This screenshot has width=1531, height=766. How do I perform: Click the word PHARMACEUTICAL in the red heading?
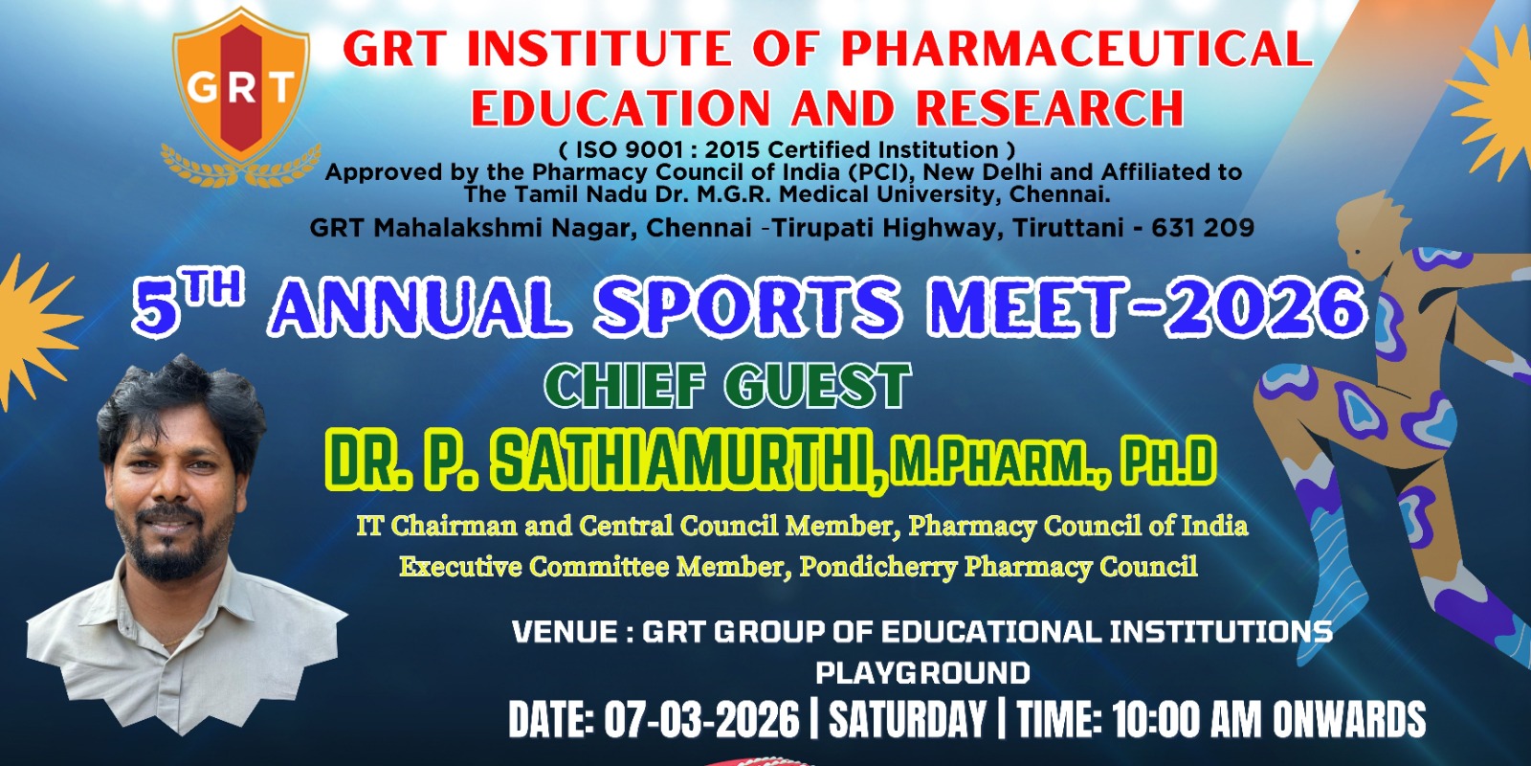[1077, 49]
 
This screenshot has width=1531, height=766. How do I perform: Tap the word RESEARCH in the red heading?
[1050, 108]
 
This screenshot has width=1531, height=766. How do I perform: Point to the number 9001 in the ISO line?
[657, 149]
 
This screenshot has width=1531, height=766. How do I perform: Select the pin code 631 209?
[1203, 228]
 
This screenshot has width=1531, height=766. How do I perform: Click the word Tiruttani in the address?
[1068, 228]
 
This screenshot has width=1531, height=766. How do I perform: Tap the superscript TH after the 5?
[215, 287]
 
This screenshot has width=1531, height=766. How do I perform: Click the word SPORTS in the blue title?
[747, 307]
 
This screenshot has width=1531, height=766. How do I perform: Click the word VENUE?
[565, 631]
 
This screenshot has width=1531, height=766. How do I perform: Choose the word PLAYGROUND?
[922, 673]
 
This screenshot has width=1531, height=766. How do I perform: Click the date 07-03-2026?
[701, 719]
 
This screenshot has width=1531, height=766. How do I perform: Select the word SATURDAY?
[907, 719]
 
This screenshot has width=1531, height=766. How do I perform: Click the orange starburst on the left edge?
[34, 332]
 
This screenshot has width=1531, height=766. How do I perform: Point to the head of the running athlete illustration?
[1370, 234]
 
